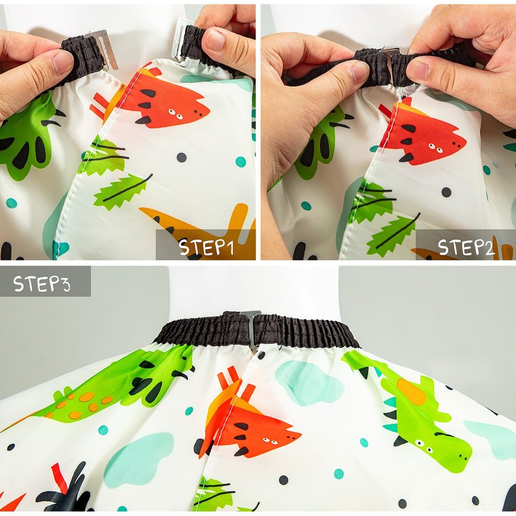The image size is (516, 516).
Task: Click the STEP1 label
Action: click(206, 248)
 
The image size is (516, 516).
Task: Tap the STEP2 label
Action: click(466, 248)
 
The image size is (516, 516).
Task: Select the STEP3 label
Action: click(42, 284)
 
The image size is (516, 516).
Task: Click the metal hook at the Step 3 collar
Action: click(252, 329)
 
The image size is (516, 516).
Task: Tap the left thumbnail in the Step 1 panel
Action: click(62, 62)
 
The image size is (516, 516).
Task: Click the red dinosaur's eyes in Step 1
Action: click(176, 114)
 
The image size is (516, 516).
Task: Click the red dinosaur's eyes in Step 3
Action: click(269, 440)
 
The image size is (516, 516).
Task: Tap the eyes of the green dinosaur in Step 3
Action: click(423, 446)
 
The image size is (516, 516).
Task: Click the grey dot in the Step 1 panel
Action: click(181, 157)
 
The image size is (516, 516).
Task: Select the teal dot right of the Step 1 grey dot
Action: click(241, 162)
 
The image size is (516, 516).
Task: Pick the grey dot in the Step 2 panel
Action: click(446, 192)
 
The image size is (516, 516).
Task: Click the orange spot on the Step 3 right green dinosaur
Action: click(412, 392)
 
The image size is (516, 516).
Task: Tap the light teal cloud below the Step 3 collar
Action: click(308, 382)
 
